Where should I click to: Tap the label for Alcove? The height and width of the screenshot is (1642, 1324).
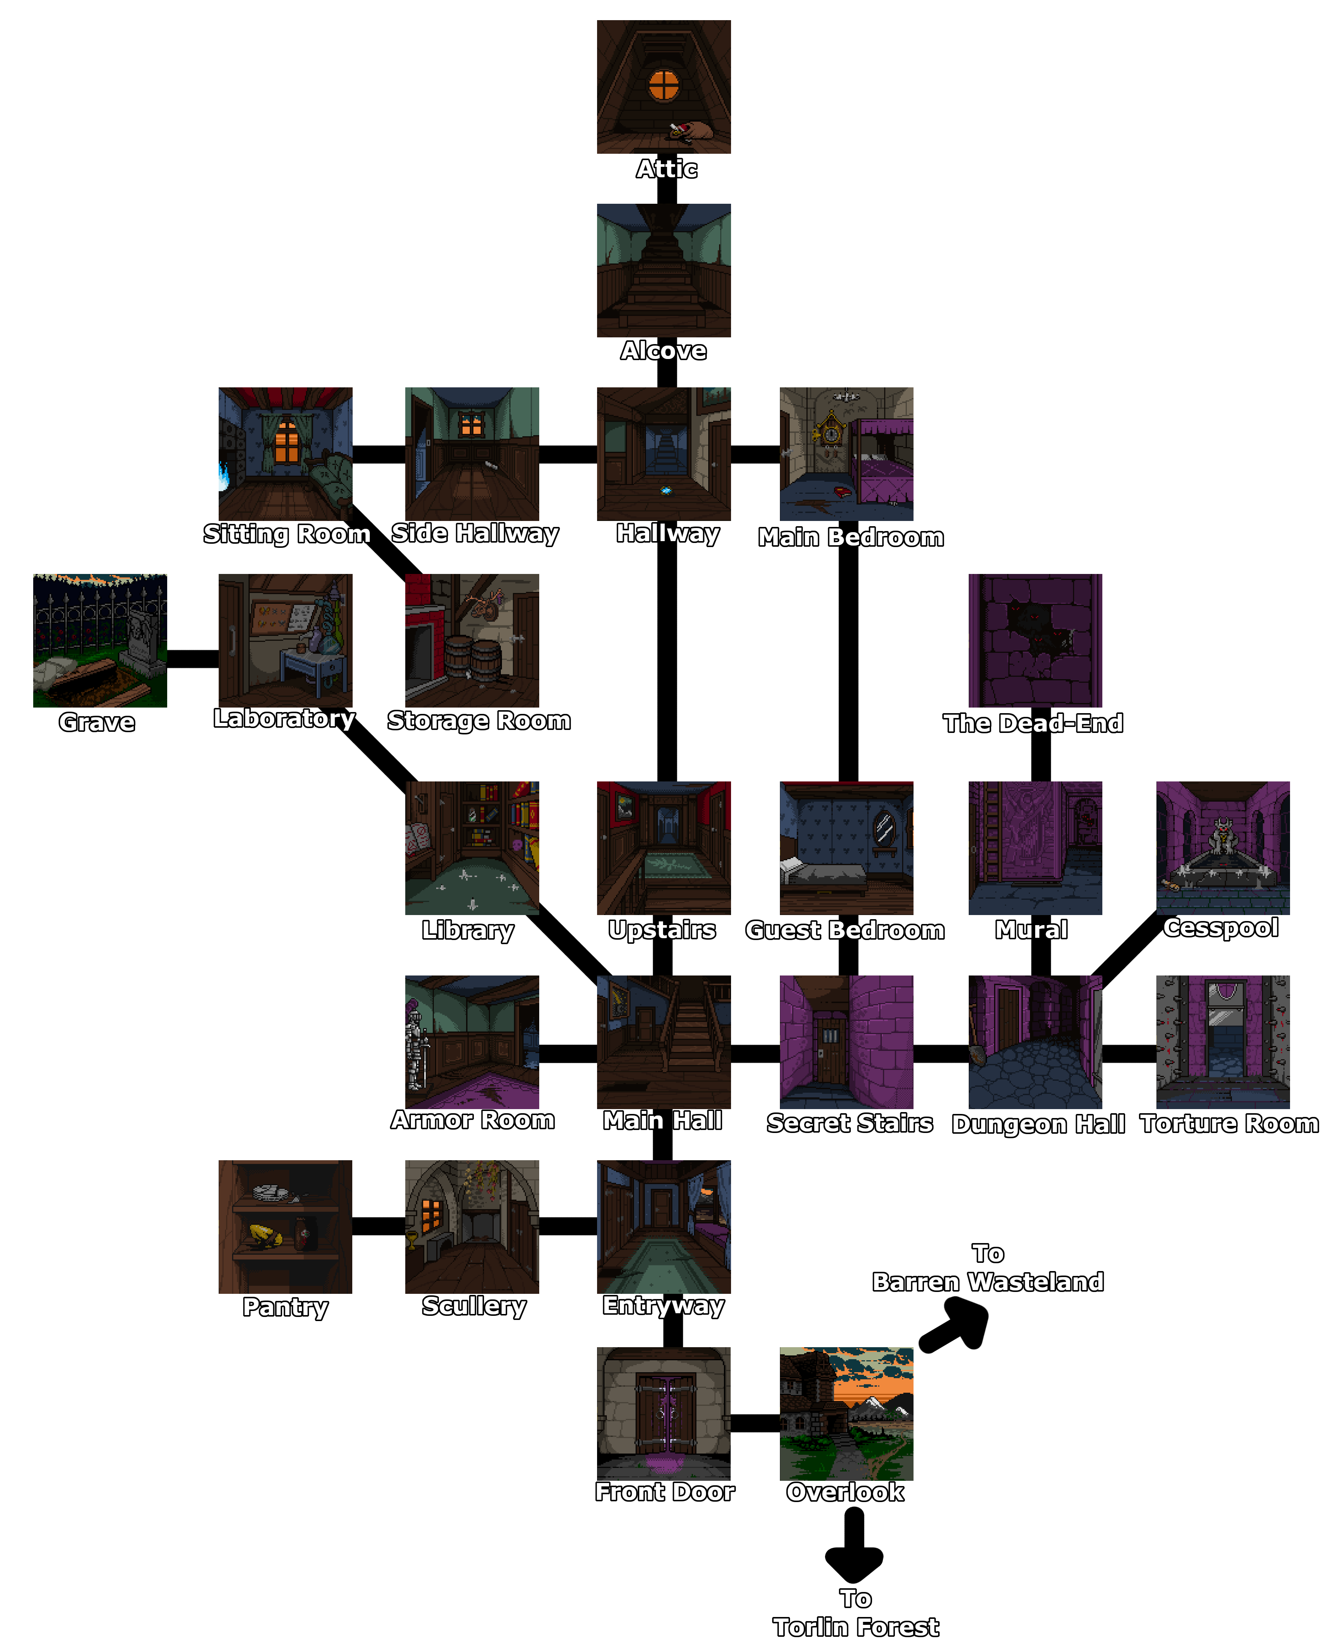[x=663, y=351]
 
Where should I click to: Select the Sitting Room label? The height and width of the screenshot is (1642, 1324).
[x=287, y=534]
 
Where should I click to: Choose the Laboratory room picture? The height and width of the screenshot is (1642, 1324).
[x=285, y=641]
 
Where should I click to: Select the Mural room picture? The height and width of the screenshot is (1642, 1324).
[x=1035, y=848]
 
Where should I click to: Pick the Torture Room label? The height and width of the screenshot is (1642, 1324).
[x=1229, y=1123]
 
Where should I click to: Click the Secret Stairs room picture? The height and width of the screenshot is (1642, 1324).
[x=847, y=1042]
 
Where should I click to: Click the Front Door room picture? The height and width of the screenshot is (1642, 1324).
[x=663, y=1413]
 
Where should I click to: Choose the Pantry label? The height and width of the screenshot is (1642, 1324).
[x=285, y=1307]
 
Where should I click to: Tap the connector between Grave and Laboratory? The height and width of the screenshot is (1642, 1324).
[x=193, y=659]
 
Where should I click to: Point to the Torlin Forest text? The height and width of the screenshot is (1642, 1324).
[x=856, y=1627]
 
